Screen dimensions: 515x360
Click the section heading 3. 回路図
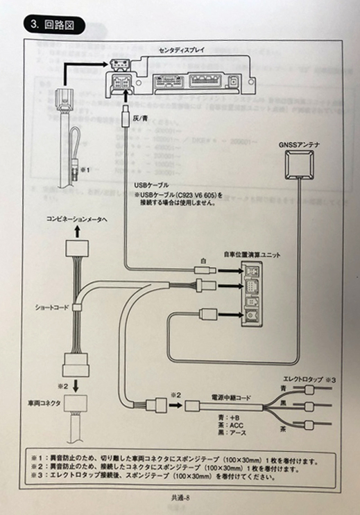coord(53,26)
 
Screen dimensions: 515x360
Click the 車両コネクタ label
coord(45,403)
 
